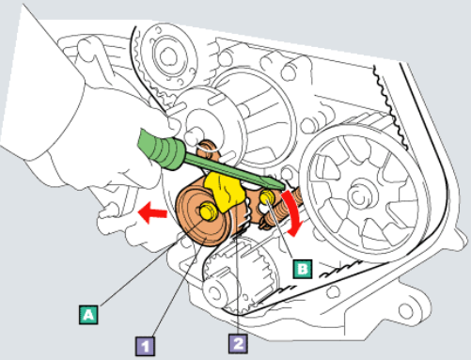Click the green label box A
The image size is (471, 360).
point(88,314)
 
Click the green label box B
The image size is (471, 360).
point(303,269)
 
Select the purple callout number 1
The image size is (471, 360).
point(145,346)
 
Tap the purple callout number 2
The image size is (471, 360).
point(238,344)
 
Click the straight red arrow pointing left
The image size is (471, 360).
point(152,212)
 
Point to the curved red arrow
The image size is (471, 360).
point(293,213)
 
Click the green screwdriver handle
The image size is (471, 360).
point(161,150)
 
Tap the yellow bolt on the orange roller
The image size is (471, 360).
point(208,211)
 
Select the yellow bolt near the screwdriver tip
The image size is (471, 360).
point(267,196)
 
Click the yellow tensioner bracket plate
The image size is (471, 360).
point(225,192)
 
